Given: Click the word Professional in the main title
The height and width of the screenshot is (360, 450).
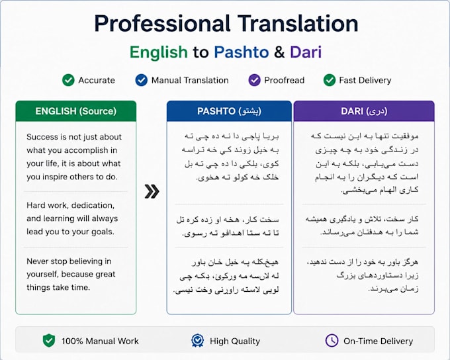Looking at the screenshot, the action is click(x=162, y=24).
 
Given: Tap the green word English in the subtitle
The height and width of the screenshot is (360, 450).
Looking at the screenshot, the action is click(x=159, y=52).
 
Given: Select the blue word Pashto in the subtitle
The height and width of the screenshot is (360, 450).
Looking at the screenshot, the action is click(x=242, y=52).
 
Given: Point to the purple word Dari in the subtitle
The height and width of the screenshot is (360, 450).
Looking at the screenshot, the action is click(x=306, y=52).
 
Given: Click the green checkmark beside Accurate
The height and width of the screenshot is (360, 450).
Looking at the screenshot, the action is click(x=68, y=80).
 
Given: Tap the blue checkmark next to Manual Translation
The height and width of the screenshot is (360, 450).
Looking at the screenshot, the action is click(x=142, y=80).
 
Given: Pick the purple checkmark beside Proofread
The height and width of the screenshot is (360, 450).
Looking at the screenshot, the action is click(x=254, y=80).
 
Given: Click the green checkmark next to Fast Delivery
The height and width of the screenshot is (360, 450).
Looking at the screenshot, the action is click(x=330, y=80).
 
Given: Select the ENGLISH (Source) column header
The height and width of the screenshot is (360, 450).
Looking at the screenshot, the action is click(x=75, y=111).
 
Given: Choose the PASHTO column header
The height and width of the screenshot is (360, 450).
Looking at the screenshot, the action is click(x=229, y=111).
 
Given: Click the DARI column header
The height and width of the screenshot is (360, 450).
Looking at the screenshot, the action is click(x=364, y=111).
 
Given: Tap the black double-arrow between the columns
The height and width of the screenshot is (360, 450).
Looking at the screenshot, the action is click(x=152, y=191).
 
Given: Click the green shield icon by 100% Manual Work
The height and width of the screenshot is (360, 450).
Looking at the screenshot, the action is click(x=49, y=341).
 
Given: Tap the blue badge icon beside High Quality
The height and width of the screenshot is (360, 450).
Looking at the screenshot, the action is click(x=197, y=341).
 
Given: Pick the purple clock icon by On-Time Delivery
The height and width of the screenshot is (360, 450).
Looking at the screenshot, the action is click(x=332, y=341).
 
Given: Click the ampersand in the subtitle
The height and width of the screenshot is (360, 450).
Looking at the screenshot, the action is click(x=279, y=52).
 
